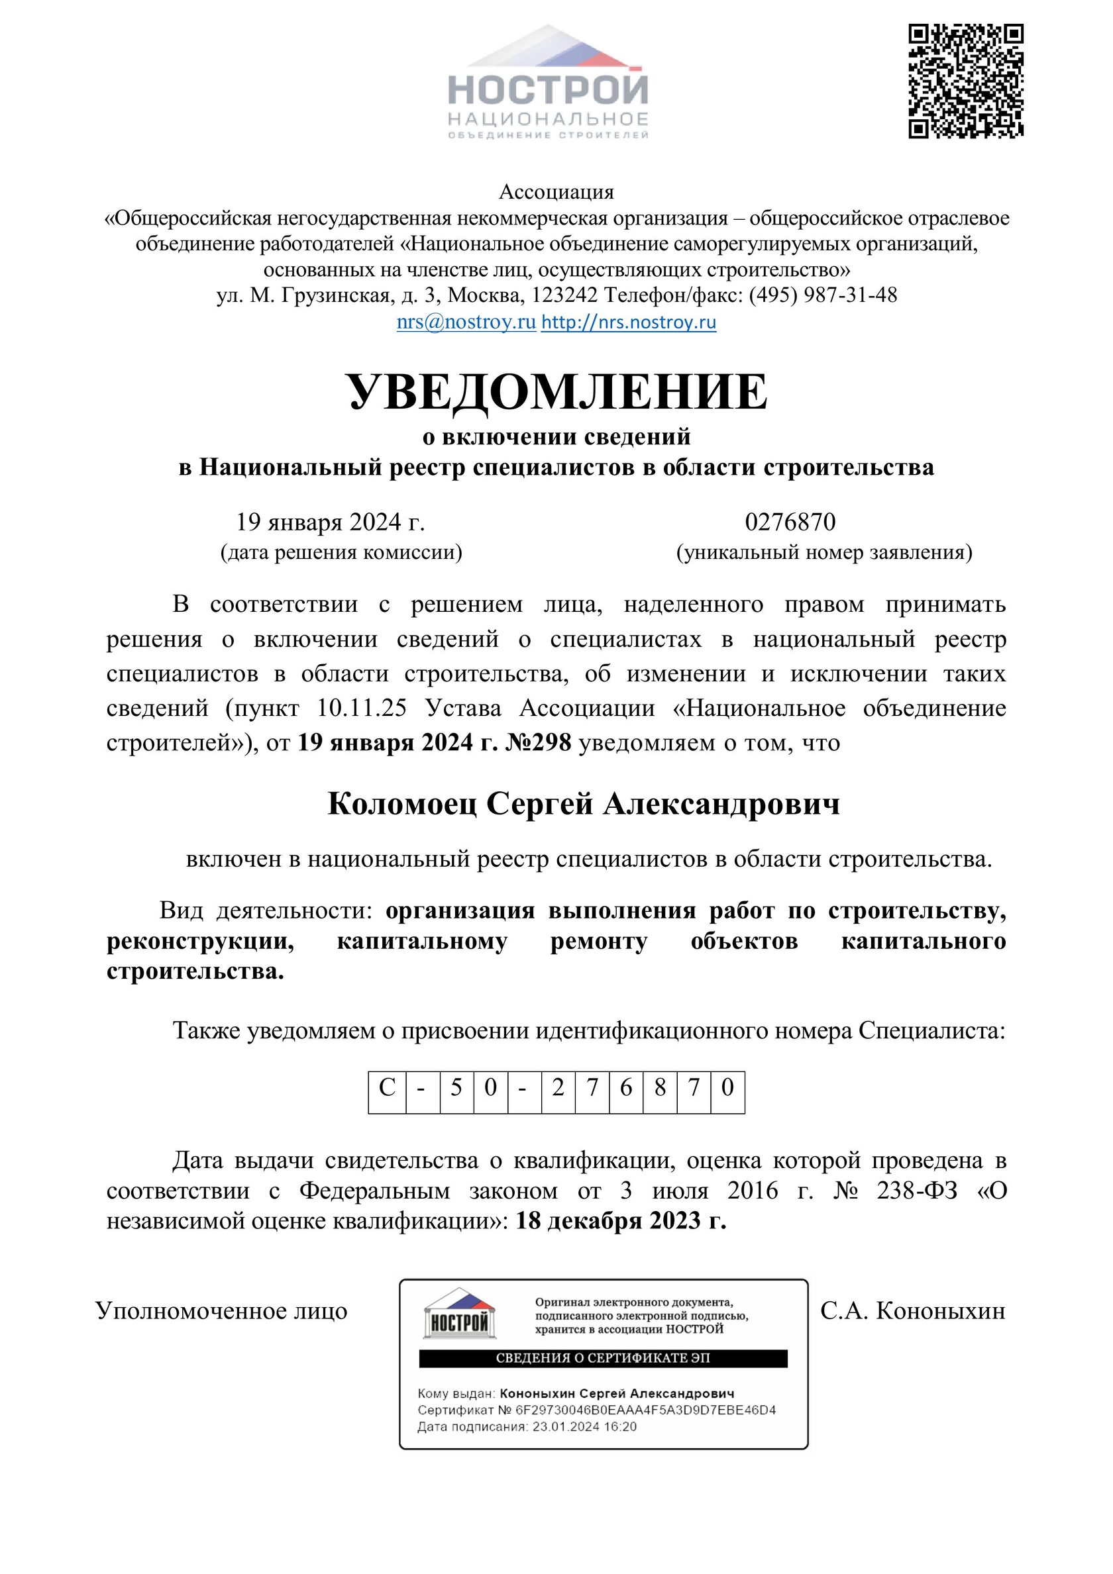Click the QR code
click(x=965, y=81)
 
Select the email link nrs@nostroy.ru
click(x=466, y=322)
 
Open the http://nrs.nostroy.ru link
click(x=628, y=322)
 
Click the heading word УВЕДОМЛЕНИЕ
click(x=557, y=392)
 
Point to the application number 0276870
click(x=790, y=522)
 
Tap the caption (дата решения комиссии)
click(x=341, y=552)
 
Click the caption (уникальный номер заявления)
click(x=823, y=552)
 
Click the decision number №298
click(x=538, y=743)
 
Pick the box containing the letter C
click(x=388, y=1088)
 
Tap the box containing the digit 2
click(x=558, y=1088)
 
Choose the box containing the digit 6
click(x=625, y=1088)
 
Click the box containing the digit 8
click(x=660, y=1088)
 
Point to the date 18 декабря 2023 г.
click(x=621, y=1221)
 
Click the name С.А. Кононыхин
click(x=912, y=1310)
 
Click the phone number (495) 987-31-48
click(x=823, y=295)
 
